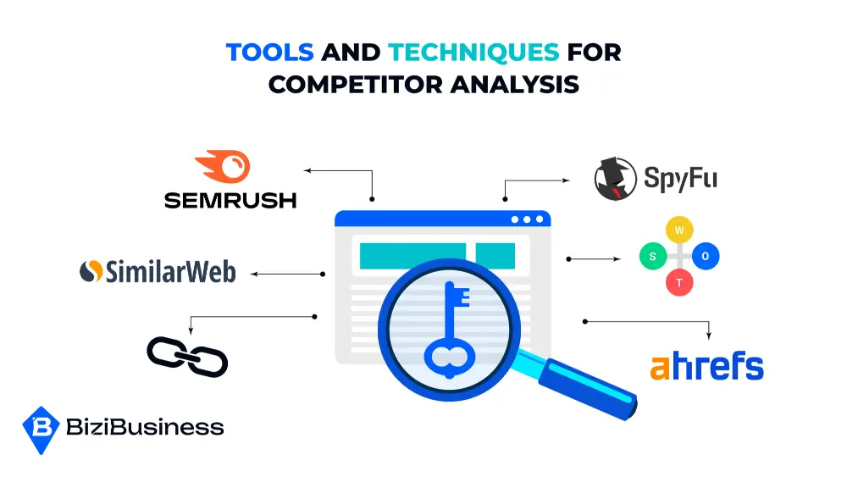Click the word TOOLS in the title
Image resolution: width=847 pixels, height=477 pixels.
(270, 53)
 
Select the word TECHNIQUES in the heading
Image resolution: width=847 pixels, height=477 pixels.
(473, 53)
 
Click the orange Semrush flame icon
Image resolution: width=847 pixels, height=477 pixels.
(223, 167)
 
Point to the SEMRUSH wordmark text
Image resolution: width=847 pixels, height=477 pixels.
(230, 200)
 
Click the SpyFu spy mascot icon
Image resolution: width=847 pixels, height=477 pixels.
(615, 179)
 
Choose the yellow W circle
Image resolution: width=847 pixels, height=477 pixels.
(679, 229)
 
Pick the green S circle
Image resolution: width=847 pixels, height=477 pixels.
(652, 256)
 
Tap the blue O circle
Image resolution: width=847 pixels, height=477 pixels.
(706, 256)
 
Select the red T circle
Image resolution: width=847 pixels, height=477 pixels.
(679, 283)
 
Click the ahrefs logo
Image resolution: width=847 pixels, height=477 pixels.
(706, 367)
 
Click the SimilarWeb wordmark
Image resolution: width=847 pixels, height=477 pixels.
(169, 271)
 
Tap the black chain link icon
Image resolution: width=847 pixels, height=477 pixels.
(187, 357)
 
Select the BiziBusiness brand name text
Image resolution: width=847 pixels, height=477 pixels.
(145, 428)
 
